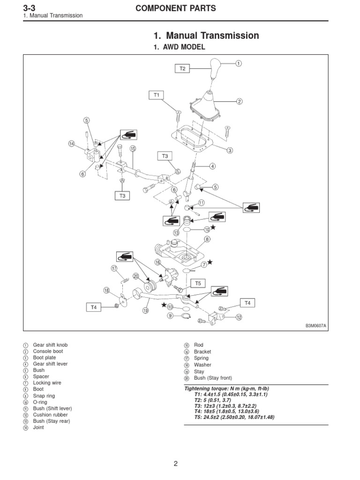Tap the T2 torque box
183,68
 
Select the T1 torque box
157,95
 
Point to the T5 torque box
197,284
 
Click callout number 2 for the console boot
239,101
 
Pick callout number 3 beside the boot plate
230,150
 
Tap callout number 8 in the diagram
206,240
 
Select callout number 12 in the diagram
239,317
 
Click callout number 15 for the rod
133,149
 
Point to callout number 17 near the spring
114,268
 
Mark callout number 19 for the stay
146,310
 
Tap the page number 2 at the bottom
176,464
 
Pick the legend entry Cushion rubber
50,415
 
